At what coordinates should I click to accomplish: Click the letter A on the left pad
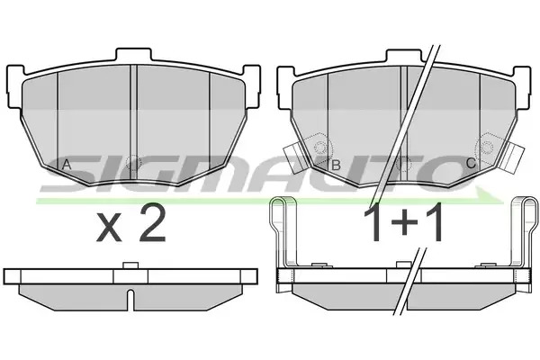[67, 165]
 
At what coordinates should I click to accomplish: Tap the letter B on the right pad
[336, 165]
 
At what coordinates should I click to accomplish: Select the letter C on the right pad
[471, 163]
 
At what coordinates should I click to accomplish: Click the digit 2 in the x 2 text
[152, 224]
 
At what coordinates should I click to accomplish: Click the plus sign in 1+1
[404, 224]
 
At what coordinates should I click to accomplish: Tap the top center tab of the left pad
[133, 56]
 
